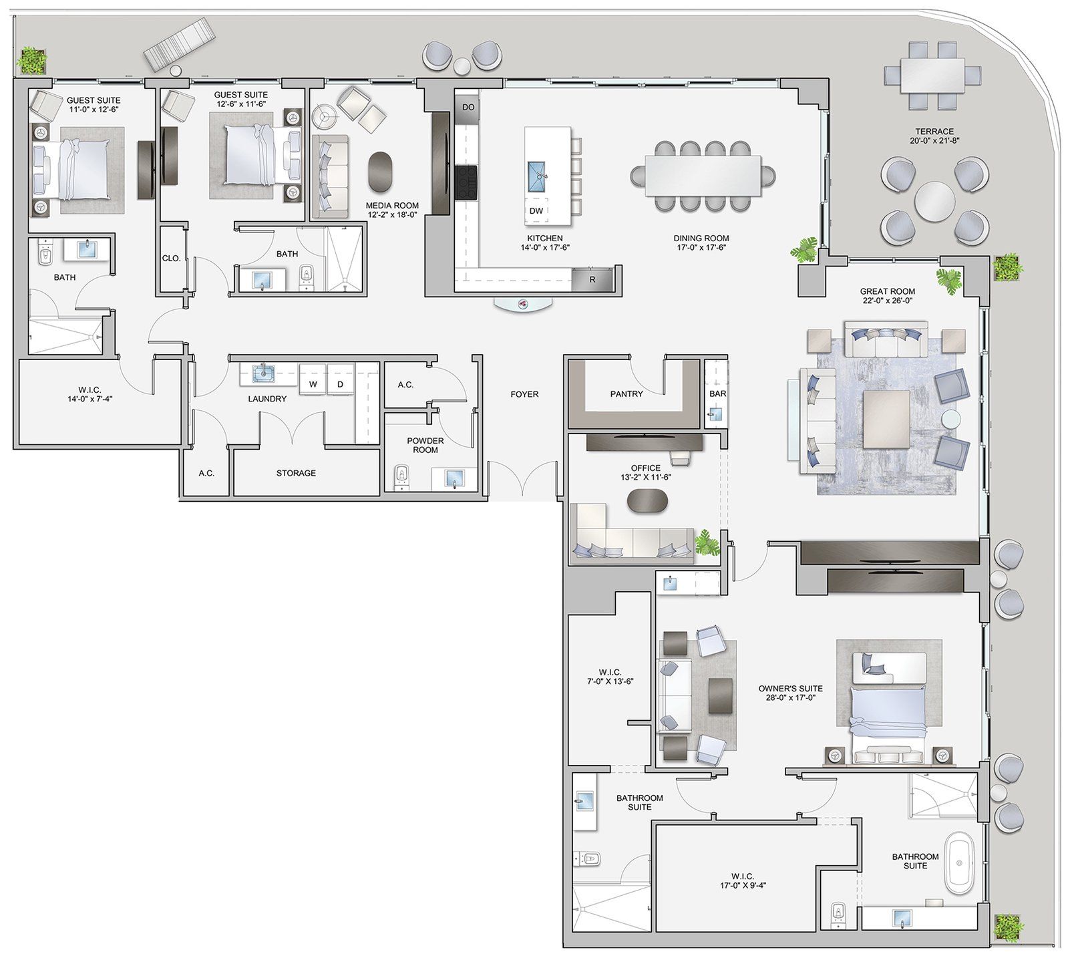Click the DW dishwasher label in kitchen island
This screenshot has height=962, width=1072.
coord(536,210)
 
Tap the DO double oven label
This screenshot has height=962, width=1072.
coord(468,107)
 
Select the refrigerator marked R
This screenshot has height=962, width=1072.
coord(592,280)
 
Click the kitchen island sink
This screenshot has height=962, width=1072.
coord(537,175)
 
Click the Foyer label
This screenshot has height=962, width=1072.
coord(524,394)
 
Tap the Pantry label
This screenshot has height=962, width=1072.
coord(626,393)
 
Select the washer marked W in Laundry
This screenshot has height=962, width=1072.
coord(313,384)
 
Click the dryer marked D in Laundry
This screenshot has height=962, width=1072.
coord(340,384)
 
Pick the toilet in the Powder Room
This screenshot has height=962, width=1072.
coord(401,477)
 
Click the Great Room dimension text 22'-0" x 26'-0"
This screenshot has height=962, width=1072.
coord(888,301)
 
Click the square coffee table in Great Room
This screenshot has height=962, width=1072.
coord(886,419)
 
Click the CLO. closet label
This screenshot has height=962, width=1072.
coord(171,258)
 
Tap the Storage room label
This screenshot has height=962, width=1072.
coord(296,473)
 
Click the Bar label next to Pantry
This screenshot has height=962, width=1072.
coord(717,393)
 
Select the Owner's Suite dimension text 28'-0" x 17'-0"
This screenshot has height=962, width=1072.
coord(790,697)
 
